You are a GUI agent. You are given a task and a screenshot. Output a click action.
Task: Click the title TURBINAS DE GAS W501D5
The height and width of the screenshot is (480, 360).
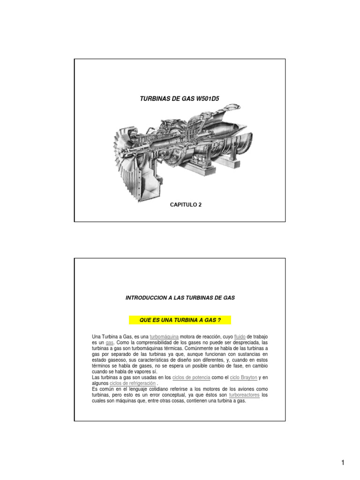[180, 98]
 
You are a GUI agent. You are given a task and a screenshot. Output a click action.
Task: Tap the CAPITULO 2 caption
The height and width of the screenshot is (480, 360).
[186, 205]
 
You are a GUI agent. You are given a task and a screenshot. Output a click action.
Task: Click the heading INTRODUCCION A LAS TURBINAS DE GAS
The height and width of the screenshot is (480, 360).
[180, 298]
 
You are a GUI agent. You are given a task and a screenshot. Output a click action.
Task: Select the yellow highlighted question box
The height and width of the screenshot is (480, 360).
[180, 320]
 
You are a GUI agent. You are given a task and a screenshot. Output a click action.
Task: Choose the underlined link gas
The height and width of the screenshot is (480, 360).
[110, 343]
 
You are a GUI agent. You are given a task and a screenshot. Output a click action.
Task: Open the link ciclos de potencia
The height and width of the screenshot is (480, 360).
[191, 377]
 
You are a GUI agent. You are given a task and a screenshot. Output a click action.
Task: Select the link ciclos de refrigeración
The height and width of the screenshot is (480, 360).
[132, 383]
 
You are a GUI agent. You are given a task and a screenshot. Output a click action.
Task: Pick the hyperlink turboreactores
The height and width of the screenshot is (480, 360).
[244, 395]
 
